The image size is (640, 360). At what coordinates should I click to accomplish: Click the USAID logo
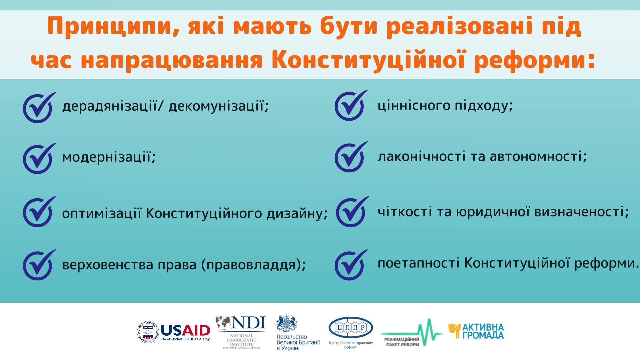(174, 332)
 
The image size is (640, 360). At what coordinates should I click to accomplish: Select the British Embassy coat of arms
(287, 323)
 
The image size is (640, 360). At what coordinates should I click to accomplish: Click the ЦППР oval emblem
(351, 328)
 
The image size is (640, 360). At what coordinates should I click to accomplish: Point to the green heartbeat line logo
(412, 333)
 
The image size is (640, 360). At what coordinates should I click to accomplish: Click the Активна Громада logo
(476, 331)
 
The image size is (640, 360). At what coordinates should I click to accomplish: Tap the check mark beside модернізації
(39, 158)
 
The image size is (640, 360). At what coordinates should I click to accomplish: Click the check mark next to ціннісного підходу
(351, 105)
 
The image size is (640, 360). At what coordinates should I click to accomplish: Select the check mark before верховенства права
(39, 265)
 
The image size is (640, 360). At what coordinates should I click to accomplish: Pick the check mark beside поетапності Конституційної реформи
(351, 265)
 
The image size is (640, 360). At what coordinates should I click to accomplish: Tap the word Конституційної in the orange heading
(368, 60)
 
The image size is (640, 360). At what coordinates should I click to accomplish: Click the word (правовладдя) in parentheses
(254, 265)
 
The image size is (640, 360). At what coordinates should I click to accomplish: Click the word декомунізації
(218, 106)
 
